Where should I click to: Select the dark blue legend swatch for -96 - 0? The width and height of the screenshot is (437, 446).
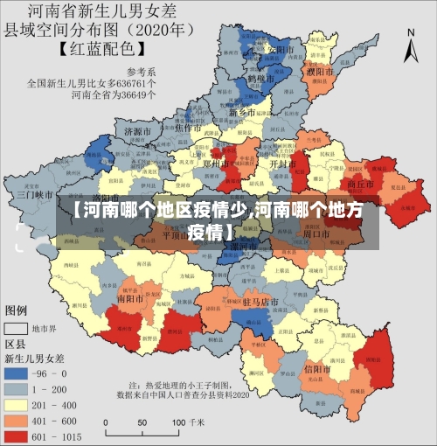coord(17,372)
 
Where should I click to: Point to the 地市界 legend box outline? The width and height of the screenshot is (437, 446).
coord(17,328)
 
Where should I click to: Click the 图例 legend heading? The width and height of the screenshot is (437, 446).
coord(17,310)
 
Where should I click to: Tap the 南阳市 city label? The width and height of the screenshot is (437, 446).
coord(131,297)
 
